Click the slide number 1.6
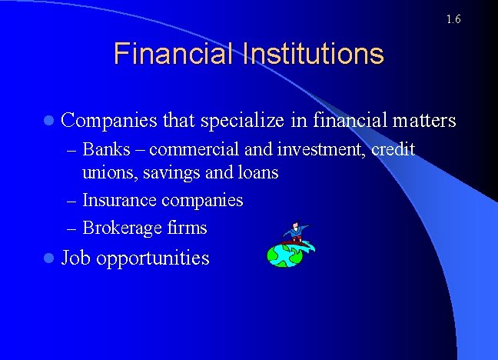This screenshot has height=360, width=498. pos(453,18)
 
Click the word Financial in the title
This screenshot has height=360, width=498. pos(171,55)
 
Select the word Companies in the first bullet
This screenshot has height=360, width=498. pos(109,121)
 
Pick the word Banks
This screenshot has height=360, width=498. pos(106,149)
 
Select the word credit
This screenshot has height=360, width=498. pos(393,149)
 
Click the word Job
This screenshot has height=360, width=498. pos(76,258)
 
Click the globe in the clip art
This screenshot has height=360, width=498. pos(284,255)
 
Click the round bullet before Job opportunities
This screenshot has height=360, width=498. pos(49,258)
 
